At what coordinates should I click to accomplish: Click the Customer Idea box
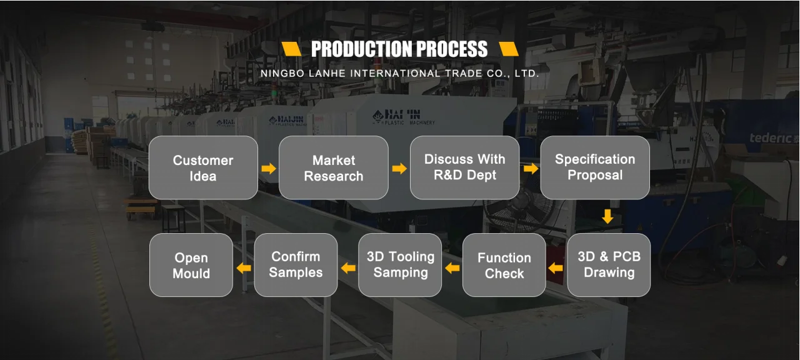203,168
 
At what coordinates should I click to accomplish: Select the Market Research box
333,168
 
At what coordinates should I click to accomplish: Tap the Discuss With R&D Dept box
464,167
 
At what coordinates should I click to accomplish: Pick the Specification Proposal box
594,167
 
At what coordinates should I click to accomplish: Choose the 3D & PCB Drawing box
609,265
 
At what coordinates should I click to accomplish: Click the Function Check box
504,265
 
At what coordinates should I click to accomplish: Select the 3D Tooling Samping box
400,265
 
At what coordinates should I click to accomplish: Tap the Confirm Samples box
296,265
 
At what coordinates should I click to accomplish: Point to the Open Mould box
191,265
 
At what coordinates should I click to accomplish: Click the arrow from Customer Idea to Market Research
269,169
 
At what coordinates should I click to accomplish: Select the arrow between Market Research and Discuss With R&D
399,169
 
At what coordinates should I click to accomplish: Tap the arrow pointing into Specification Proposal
531,169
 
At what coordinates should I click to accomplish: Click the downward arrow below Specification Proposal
607,217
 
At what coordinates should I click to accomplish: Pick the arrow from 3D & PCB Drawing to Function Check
556,268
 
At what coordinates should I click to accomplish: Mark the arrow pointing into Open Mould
244,268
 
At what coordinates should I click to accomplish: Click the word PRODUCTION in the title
360,49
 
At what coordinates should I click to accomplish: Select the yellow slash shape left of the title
291,49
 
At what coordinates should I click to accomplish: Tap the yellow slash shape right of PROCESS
508,49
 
